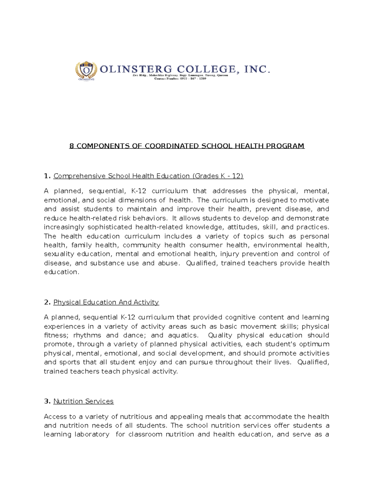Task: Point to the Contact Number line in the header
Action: pos(180,79)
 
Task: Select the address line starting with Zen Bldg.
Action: pos(180,75)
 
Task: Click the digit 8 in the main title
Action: pos(71,146)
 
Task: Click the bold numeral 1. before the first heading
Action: pos(47,176)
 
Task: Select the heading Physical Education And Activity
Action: pos(106,302)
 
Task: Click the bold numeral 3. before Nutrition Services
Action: pos(47,401)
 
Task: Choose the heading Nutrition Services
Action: pos(83,401)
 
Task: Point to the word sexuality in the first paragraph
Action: pos(59,254)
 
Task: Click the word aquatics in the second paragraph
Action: pos(183,335)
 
